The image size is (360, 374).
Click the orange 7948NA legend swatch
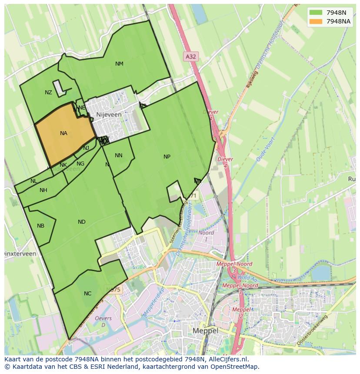point(316,21)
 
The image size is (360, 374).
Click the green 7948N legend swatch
point(316,13)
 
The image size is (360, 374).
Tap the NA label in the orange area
point(63,133)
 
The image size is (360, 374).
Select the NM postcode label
point(119,64)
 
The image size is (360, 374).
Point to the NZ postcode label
point(48,93)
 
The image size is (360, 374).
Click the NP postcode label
point(167,157)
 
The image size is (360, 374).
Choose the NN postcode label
point(118,156)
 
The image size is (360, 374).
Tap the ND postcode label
point(81,222)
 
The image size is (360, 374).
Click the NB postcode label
point(40,226)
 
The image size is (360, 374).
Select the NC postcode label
point(87,294)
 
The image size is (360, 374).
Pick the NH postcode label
point(43,190)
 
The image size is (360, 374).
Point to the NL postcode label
point(33,181)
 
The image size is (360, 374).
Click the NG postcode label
point(80,164)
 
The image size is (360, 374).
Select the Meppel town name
point(205,331)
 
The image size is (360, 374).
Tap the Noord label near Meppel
point(206,232)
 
